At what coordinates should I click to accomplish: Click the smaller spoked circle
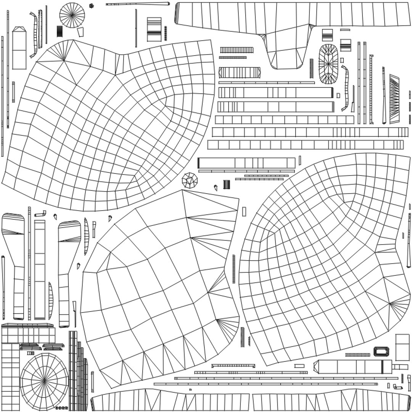click(x=72, y=15)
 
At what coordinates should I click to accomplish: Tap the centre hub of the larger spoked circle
click(x=44, y=380)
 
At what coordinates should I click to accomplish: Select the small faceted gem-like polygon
click(x=190, y=180)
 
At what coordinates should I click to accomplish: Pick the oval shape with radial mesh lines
click(x=328, y=64)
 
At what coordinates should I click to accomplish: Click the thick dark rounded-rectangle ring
click(x=380, y=351)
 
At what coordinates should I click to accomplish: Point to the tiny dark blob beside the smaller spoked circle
click(x=92, y=6)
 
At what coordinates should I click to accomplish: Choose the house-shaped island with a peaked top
click(x=19, y=48)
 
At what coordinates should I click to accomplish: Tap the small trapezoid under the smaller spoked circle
click(x=80, y=32)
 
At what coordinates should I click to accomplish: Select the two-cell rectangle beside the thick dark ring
click(x=402, y=347)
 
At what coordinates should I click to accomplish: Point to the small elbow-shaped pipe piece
click(x=41, y=214)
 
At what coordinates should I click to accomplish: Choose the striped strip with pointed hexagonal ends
click(x=240, y=72)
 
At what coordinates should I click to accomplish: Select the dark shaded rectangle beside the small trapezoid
click(x=60, y=31)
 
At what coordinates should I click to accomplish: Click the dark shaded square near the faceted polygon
click(x=227, y=184)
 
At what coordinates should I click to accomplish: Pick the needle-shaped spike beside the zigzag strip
click(x=384, y=95)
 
